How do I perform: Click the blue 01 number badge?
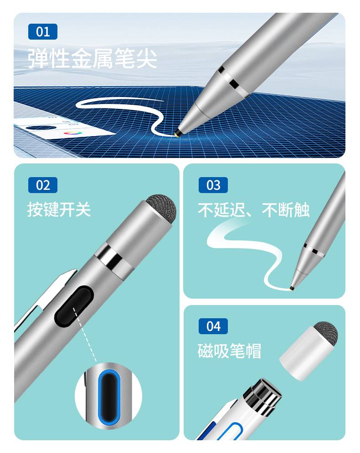43,31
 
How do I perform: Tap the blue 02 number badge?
43,185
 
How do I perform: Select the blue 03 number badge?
213,185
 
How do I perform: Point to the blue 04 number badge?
213,326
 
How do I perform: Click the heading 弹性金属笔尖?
92,59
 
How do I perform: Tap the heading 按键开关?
59,209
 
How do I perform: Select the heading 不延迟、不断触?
253,210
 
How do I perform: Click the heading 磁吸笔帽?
229,351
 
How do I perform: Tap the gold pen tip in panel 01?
177,134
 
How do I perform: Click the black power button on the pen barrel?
74,306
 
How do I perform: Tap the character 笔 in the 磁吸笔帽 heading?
237,351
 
